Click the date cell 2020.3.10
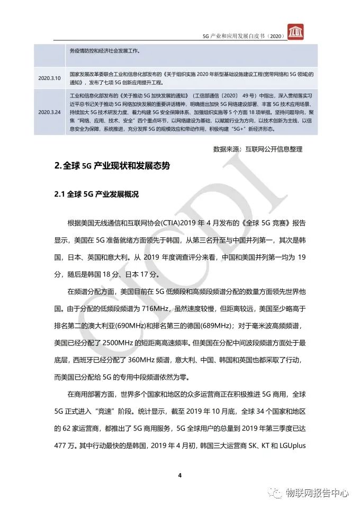tap(50, 78)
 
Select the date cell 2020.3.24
tap(50, 112)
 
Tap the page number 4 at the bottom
tap(180, 475)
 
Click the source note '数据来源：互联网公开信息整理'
tap(257, 149)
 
